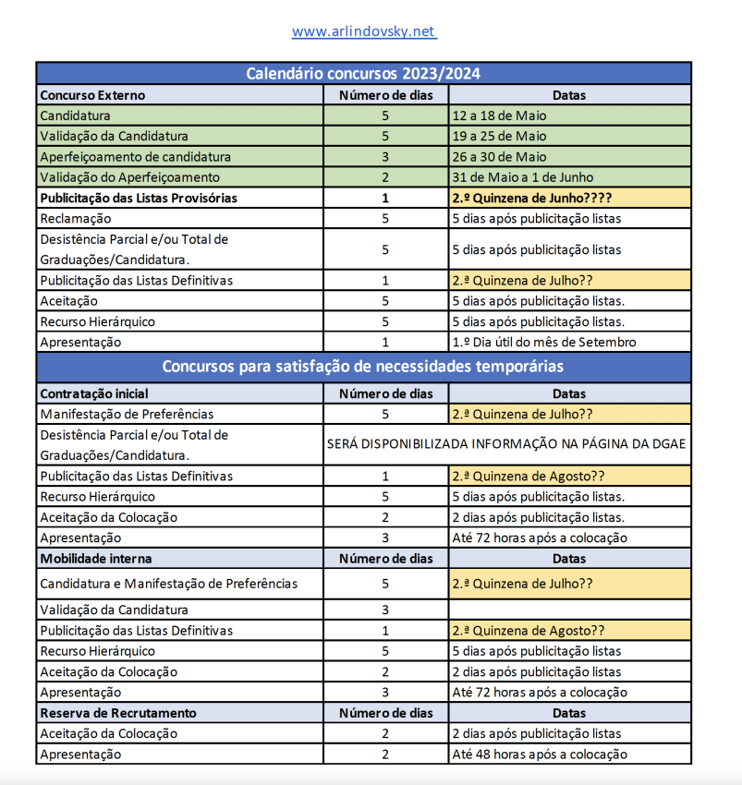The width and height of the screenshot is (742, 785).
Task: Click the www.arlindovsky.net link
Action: (x=364, y=31)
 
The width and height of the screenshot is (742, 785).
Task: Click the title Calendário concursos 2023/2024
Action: (x=363, y=74)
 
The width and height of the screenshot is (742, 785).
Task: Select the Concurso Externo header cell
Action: (x=92, y=95)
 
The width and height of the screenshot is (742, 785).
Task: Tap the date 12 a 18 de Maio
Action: (x=500, y=115)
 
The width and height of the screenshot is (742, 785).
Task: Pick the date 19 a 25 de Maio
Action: (x=500, y=136)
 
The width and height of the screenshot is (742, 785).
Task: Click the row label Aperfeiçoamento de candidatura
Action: (x=135, y=156)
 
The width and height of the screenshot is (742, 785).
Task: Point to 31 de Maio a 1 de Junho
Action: (x=523, y=177)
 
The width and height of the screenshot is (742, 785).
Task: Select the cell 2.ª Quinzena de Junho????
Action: (x=532, y=198)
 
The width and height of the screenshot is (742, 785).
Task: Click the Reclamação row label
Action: (x=75, y=219)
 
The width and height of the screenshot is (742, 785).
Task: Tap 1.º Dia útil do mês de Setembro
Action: (x=544, y=342)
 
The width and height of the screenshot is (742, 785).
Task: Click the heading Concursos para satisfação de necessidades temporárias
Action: (x=363, y=367)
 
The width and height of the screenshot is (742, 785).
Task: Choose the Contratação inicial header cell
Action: (x=94, y=393)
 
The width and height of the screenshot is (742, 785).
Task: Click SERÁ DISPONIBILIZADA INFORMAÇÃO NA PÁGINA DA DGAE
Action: (x=506, y=444)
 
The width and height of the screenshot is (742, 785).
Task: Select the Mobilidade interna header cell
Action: (x=96, y=559)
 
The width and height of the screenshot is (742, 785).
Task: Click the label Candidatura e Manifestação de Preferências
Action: (x=168, y=584)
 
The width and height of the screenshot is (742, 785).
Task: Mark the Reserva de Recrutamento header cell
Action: (x=117, y=713)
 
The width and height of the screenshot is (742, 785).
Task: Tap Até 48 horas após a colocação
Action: (x=540, y=755)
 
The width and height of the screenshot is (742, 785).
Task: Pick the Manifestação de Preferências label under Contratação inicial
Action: (x=127, y=414)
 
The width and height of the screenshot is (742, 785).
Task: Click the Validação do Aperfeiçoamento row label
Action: (x=130, y=177)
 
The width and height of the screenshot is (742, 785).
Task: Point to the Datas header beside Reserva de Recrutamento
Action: (x=569, y=713)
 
